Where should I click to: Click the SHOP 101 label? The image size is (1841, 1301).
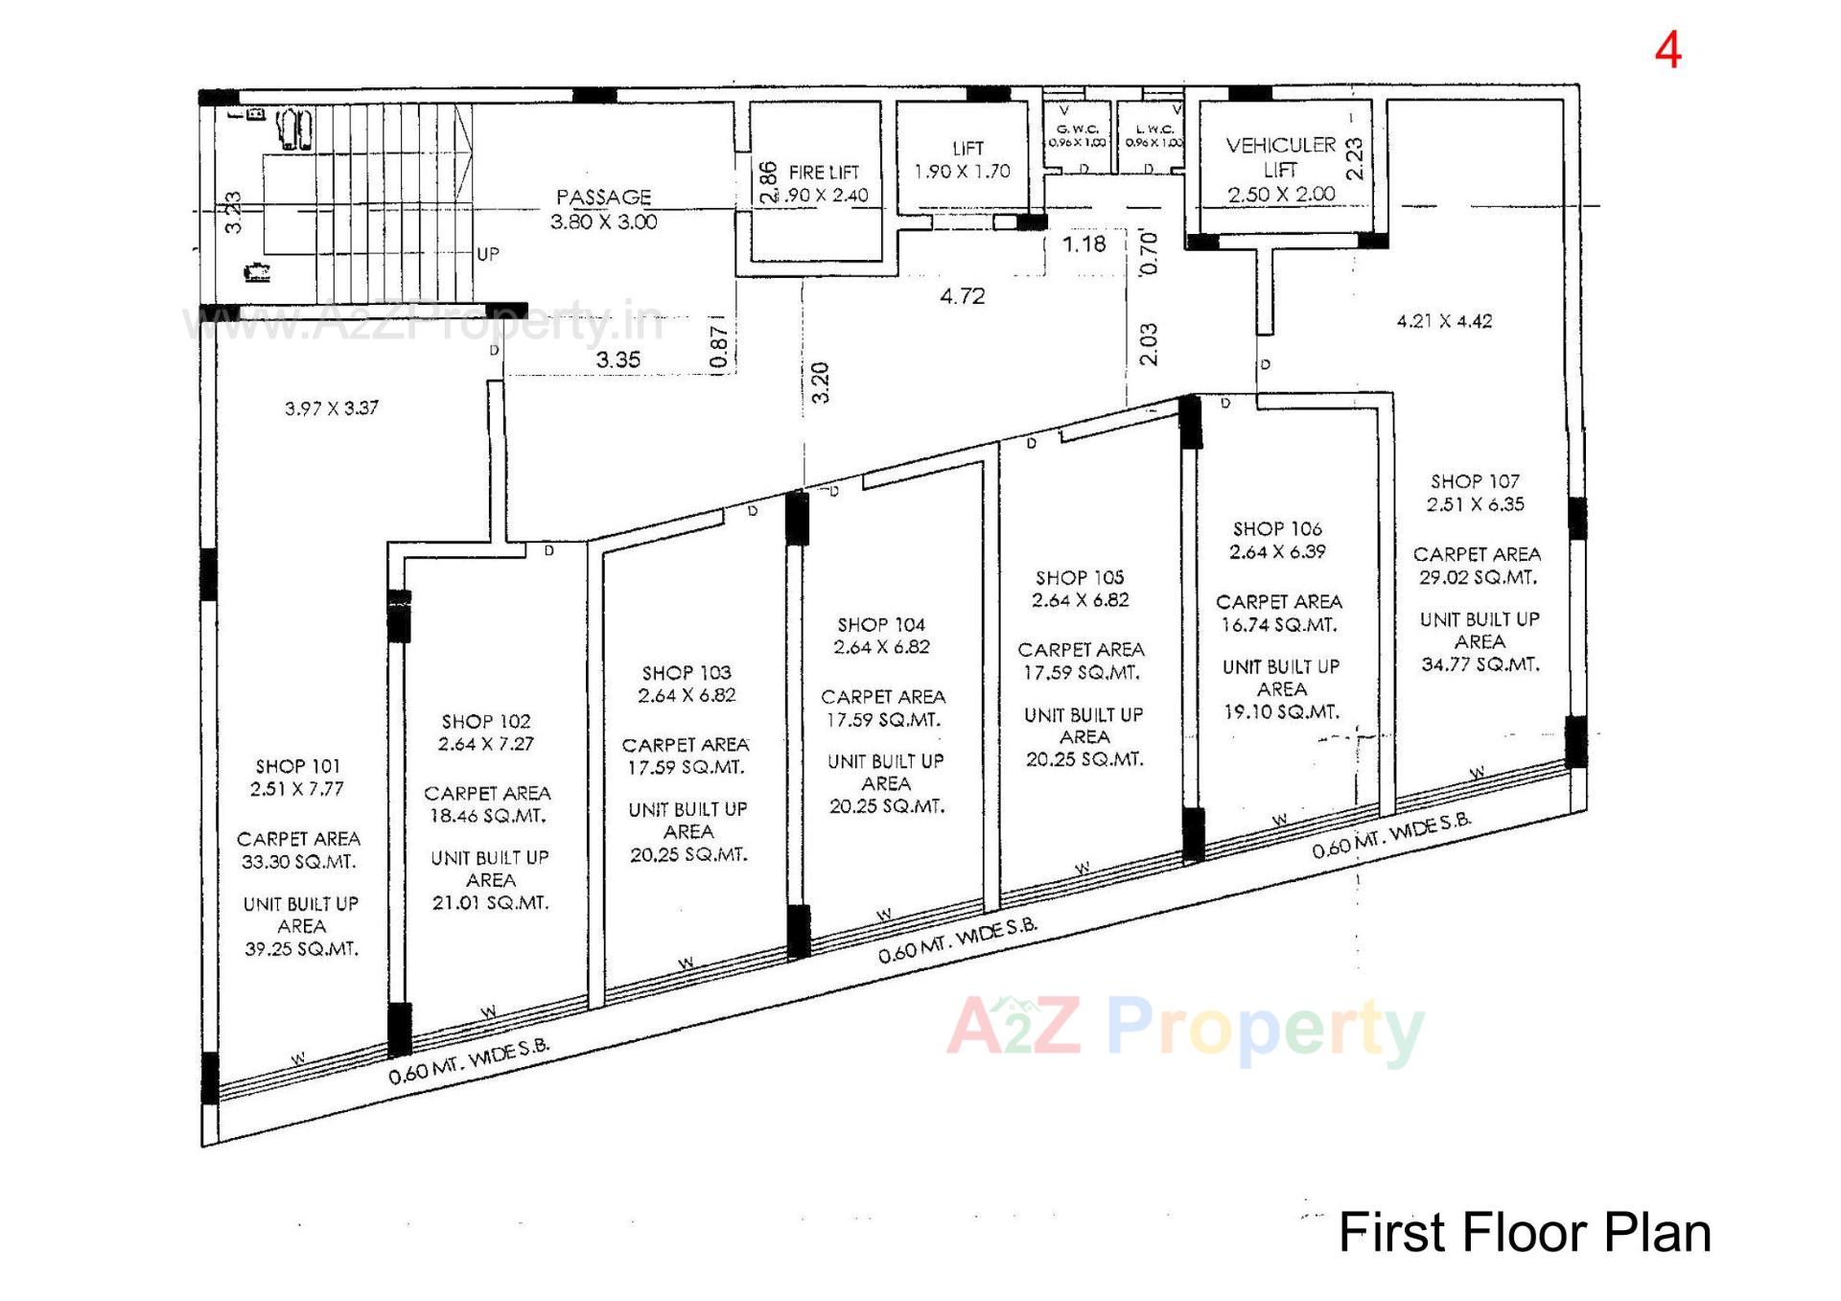pyautogui.click(x=297, y=766)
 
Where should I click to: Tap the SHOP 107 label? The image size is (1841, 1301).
pyautogui.click(x=1475, y=481)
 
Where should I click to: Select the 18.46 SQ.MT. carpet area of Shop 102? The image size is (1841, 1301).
pyautogui.click(x=486, y=816)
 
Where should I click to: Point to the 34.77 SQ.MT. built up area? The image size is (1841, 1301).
pyautogui.click(x=1480, y=664)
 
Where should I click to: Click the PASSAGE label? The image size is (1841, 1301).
pyautogui.click(x=603, y=197)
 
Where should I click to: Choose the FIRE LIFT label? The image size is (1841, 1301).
pyautogui.click(x=824, y=173)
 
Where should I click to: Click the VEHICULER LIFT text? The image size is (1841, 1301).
pyautogui.click(x=1280, y=156)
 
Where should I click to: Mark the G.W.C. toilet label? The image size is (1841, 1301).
pyautogui.click(x=1077, y=128)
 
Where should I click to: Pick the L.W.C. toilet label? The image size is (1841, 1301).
pyautogui.click(x=1154, y=128)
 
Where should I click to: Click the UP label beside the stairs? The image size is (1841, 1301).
pyautogui.click(x=488, y=254)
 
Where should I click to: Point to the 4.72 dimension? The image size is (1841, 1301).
pyautogui.click(x=962, y=296)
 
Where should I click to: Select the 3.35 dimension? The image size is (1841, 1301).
pyautogui.click(x=618, y=360)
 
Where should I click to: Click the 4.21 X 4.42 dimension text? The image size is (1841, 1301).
pyautogui.click(x=1444, y=321)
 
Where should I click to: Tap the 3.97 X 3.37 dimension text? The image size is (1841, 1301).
pyautogui.click(x=331, y=408)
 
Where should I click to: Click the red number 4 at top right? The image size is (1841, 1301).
pyautogui.click(x=1667, y=51)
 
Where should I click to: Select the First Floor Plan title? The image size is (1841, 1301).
pyautogui.click(x=1524, y=1233)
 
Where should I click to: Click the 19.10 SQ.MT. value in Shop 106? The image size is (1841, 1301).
pyautogui.click(x=1281, y=712)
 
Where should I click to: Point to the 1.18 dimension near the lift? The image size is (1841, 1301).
pyautogui.click(x=1084, y=244)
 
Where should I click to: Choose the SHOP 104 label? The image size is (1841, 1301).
pyautogui.click(x=880, y=624)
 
